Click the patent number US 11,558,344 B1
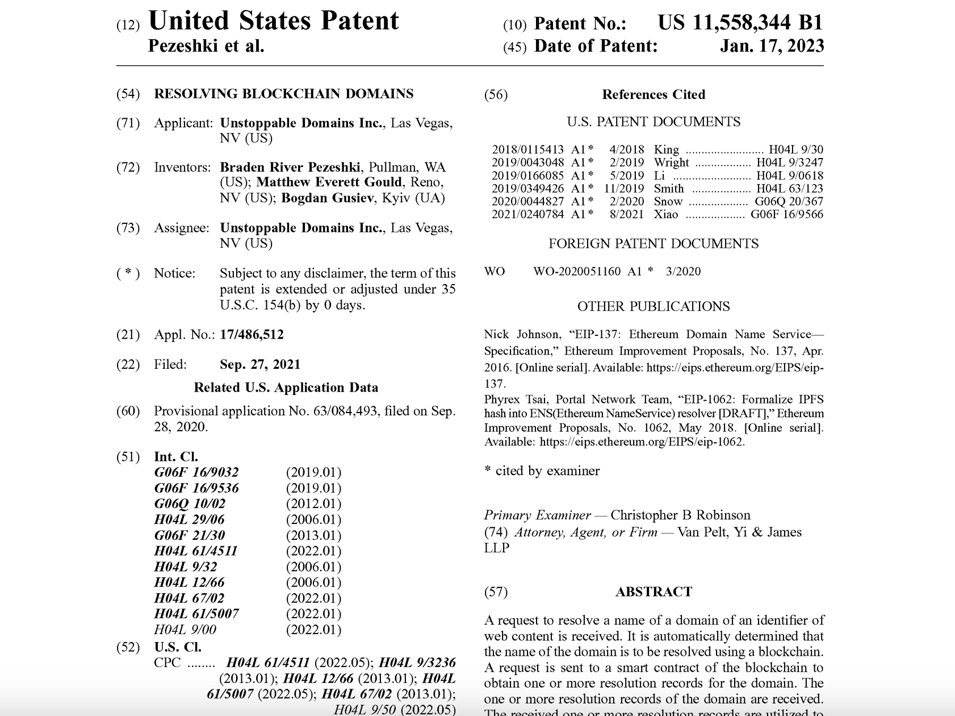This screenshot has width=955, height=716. (740, 23)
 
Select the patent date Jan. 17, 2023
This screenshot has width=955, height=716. (772, 46)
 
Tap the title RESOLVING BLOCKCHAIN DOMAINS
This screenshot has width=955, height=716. (283, 94)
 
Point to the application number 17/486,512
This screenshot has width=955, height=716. (252, 335)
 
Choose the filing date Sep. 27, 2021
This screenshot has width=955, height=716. (260, 364)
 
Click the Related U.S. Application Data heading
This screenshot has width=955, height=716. (286, 388)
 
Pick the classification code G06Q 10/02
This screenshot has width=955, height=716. (190, 503)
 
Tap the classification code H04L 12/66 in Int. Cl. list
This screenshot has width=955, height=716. (189, 582)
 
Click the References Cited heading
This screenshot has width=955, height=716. (654, 94)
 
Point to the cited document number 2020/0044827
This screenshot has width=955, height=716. (527, 201)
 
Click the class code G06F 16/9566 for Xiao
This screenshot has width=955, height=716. (786, 214)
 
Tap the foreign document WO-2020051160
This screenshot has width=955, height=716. (577, 271)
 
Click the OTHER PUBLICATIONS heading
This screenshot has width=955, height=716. (654, 306)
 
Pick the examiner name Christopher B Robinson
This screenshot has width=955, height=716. (680, 515)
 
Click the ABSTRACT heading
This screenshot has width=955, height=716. (654, 592)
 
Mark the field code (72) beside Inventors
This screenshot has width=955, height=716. (128, 167)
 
